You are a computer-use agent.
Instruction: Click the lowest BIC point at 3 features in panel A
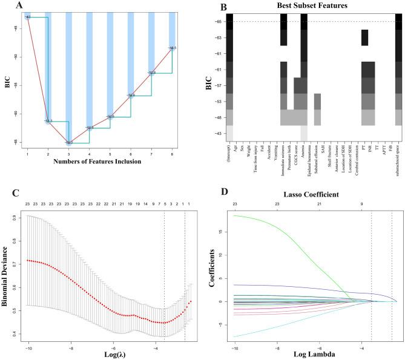tap(68, 143)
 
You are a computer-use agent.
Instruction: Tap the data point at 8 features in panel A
tap(173, 48)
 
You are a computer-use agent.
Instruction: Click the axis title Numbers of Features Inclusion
tap(100, 162)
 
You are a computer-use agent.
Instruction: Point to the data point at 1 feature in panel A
tap(27, 17)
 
